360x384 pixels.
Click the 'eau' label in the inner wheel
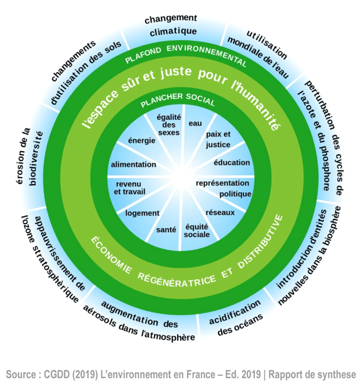coord(195,123)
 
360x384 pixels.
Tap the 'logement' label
coord(142,213)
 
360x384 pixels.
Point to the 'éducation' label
coord(232,163)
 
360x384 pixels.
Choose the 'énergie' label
coord(141,141)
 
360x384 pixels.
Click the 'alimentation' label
coord(133,164)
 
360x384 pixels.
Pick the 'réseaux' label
coord(220,212)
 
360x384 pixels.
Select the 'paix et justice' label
coord(218,140)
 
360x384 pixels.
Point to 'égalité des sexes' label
coord(169,125)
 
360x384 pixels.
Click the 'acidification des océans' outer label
coord(239,318)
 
